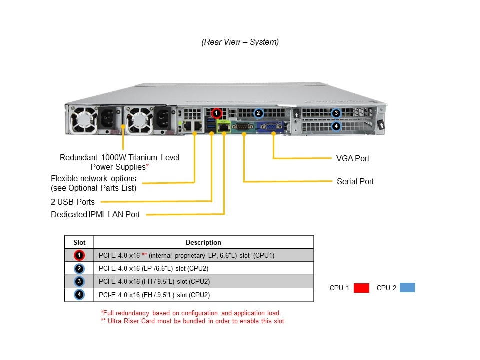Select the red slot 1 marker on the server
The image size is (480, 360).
(216, 113)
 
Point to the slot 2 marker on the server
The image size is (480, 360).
(258, 113)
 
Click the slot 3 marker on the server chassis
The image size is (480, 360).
(336, 113)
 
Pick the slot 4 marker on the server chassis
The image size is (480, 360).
(336, 126)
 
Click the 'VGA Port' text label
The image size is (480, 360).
(353, 158)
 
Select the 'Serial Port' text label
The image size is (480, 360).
(355, 181)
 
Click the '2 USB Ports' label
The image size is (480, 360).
(73, 202)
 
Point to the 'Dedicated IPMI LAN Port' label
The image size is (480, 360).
(95, 214)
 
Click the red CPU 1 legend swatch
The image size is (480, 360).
(361, 288)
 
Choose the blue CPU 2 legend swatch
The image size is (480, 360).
(407, 288)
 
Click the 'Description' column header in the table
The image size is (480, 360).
(203, 242)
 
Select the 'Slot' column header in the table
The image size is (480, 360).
(79, 242)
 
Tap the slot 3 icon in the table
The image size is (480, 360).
(79, 281)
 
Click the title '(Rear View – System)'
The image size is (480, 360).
(240, 42)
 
